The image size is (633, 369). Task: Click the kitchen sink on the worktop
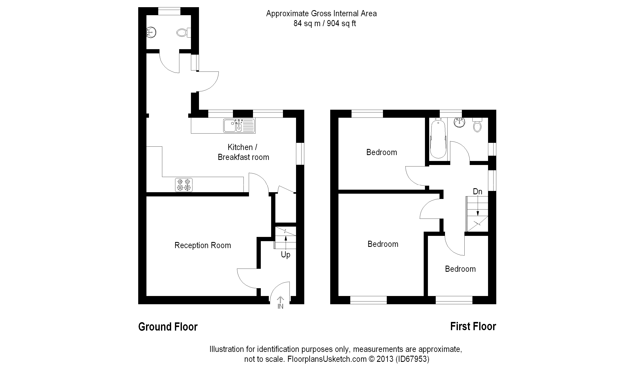point(239,126)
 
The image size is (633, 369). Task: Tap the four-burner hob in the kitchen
point(184,185)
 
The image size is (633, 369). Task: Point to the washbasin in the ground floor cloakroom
point(151,32)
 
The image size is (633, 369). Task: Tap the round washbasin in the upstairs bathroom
point(459,123)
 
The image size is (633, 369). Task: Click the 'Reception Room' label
point(203,245)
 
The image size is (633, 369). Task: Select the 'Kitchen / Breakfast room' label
point(243,152)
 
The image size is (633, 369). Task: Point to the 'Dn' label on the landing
point(477,192)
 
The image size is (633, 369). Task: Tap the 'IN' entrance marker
point(280,306)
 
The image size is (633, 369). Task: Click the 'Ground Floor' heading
point(168,327)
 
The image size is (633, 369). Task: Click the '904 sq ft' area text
point(341,23)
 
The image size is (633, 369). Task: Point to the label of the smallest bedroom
point(460,269)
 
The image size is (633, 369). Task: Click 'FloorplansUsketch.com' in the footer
point(327,359)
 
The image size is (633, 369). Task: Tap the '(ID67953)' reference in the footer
point(413,359)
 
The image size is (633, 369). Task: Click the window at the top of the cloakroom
point(169,11)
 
